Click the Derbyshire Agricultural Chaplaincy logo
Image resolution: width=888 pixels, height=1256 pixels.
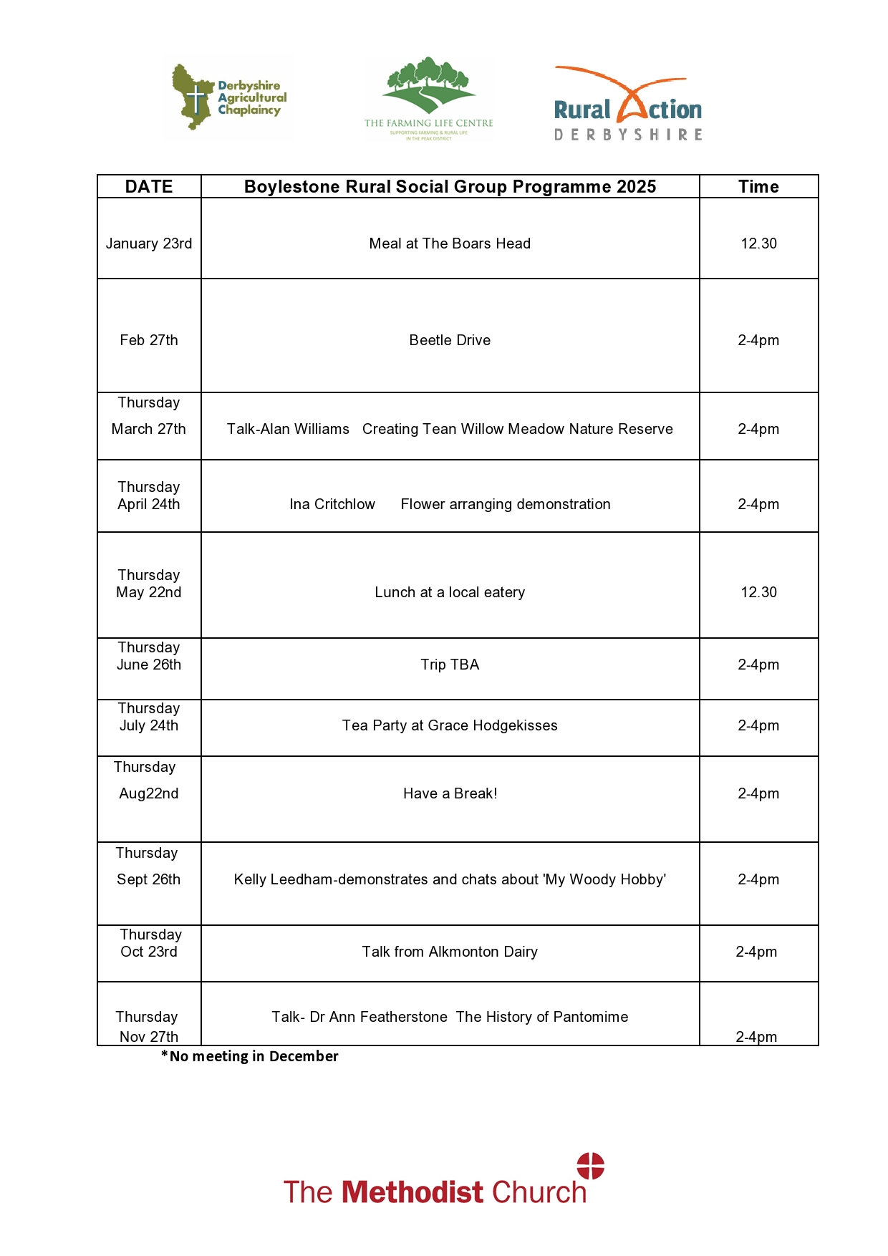tap(229, 97)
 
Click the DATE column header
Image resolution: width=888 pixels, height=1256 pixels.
tap(149, 187)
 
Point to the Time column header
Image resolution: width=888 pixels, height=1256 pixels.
tap(758, 187)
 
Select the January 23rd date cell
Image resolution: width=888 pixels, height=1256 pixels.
tap(149, 243)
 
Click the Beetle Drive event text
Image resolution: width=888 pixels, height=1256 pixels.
tap(450, 340)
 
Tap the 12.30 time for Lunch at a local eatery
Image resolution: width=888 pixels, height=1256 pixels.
tap(758, 592)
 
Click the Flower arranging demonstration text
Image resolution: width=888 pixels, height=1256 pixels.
tap(506, 504)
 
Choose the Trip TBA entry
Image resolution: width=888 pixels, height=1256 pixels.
tap(450, 665)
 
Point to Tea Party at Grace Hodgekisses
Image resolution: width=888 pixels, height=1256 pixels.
tap(450, 725)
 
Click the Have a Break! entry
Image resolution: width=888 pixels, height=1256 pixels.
tap(450, 793)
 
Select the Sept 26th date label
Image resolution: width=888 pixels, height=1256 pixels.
tap(149, 879)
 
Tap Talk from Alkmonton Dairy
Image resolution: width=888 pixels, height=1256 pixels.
tap(450, 952)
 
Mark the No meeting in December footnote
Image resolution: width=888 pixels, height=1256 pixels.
tap(250, 1056)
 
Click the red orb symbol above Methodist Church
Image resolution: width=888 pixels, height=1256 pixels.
tap(591, 1165)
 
